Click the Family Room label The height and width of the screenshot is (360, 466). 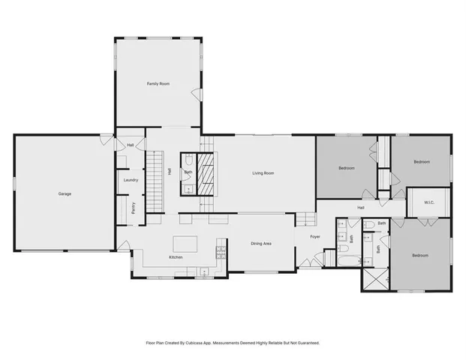click(158, 84)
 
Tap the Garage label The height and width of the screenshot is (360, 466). click(65, 194)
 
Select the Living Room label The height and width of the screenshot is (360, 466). click(262, 173)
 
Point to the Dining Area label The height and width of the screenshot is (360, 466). click(260, 244)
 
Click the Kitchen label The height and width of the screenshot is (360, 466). click(176, 257)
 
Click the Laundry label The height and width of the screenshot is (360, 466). click(129, 180)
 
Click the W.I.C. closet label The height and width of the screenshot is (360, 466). click(429, 202)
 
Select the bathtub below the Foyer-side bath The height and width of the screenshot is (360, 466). click(350, 260)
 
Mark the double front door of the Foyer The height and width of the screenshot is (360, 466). click(305, 262)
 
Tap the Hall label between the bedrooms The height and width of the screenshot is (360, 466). click(360, 208)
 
